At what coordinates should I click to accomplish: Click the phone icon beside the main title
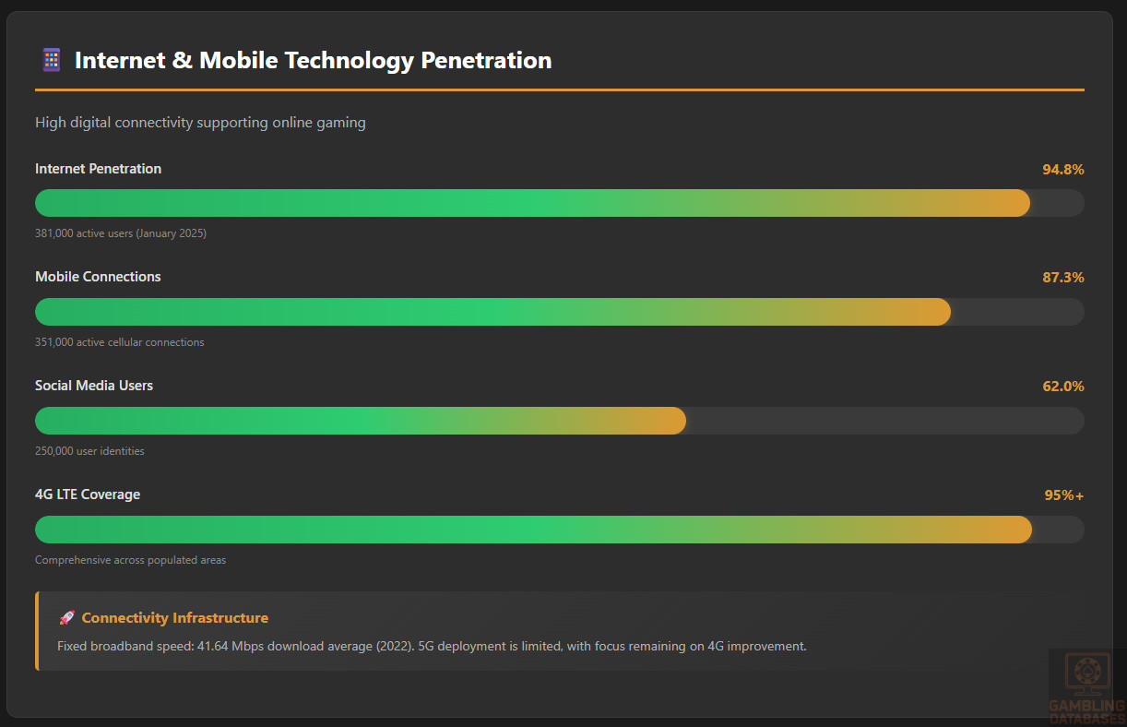pyautogui.click(x=52, y=60)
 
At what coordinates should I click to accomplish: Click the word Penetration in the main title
pyautogui.click(x=486, y=61)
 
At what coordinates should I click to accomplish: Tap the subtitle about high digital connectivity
pyautogui.click(x=200, y=123)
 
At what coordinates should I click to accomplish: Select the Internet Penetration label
pyautogui.click(x=98, y=169)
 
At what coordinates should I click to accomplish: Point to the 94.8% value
pyautogui.click(x=1062, y=170)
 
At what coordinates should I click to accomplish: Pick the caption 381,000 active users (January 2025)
pyautogui.click(x=121, y=233)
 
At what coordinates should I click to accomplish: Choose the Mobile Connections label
pyautogui.click(x=98, y=277)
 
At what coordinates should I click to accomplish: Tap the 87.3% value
pyautogui.click(x=1062, y=278)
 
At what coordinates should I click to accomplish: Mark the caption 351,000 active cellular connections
pyautogui.click(x=120, y=342)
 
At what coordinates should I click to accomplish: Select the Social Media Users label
pyautogui.click(x=94, y=386)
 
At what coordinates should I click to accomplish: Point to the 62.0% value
pyautogui.click(x=1062, y=387)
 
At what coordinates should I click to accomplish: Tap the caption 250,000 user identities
pyautogui.click(x=89, y=451)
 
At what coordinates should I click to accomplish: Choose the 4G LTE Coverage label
pyautogui.click(x=88, y=495)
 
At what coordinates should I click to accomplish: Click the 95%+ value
pyautogui.click(x=1063, y=495)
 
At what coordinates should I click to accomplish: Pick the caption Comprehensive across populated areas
pyautogui.click(x=130, y=560)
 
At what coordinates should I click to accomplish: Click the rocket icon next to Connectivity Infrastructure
pyautogui.click(x=66, y=618)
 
